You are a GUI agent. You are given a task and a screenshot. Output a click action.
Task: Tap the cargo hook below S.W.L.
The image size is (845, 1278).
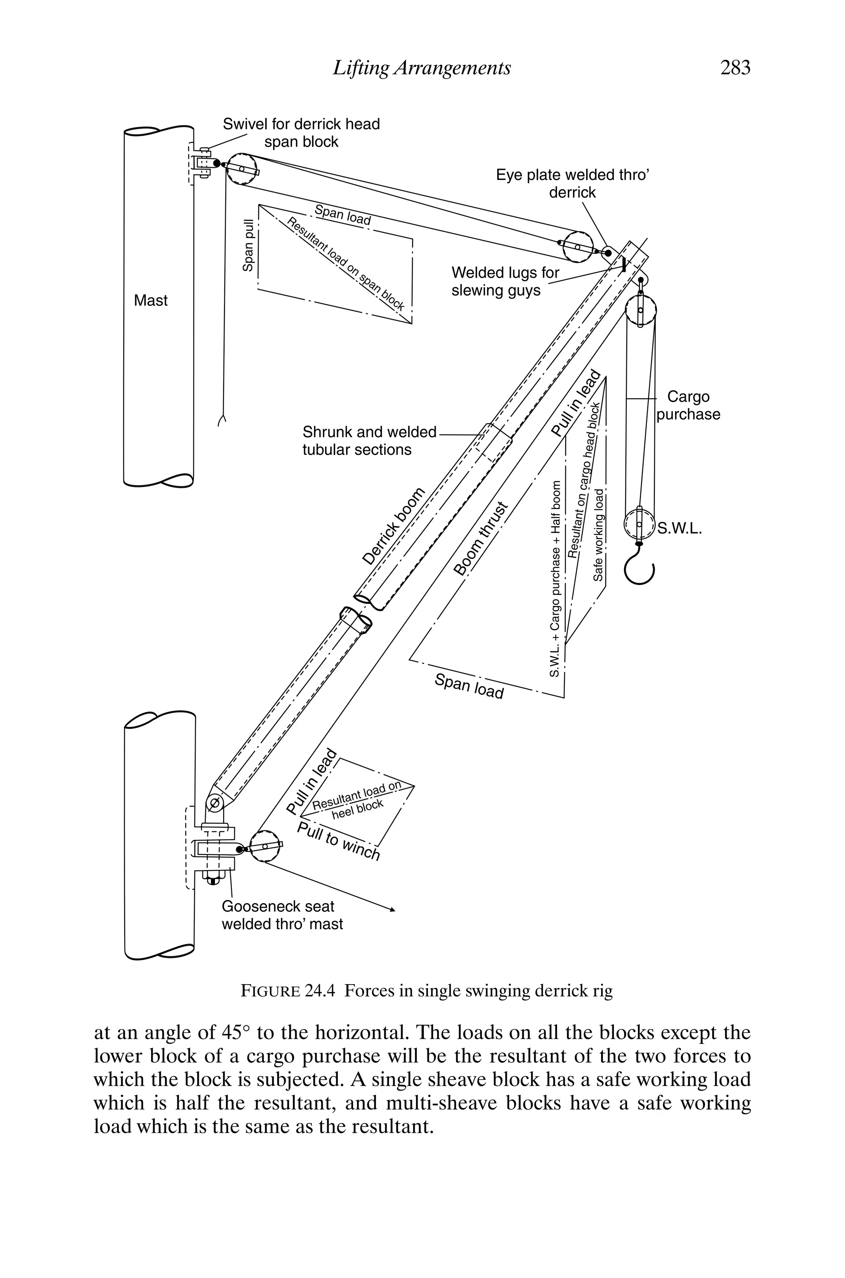[x=639, y=569]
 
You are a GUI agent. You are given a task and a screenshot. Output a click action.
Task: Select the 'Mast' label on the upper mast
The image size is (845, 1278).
[x=150, y=300]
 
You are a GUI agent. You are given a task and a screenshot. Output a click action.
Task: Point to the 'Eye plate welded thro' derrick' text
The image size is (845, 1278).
[x=572, y=184]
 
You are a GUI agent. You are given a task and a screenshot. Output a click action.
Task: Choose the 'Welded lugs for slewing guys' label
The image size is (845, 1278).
[x=505, y=282]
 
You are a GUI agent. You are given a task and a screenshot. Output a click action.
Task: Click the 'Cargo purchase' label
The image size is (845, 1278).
[x=688, y=405]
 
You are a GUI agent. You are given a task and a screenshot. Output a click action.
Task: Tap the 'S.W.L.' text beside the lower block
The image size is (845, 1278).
[x=680, y=529]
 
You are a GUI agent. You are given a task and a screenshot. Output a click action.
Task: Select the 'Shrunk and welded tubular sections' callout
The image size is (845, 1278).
[x=369, y=441]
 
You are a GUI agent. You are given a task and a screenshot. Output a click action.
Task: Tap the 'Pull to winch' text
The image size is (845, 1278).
[x=338, y=841]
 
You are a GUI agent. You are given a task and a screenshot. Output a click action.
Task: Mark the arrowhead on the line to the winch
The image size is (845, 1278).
[x=392, y=910]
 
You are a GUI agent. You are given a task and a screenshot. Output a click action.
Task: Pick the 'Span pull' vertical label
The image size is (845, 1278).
[x=248, y=245]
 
